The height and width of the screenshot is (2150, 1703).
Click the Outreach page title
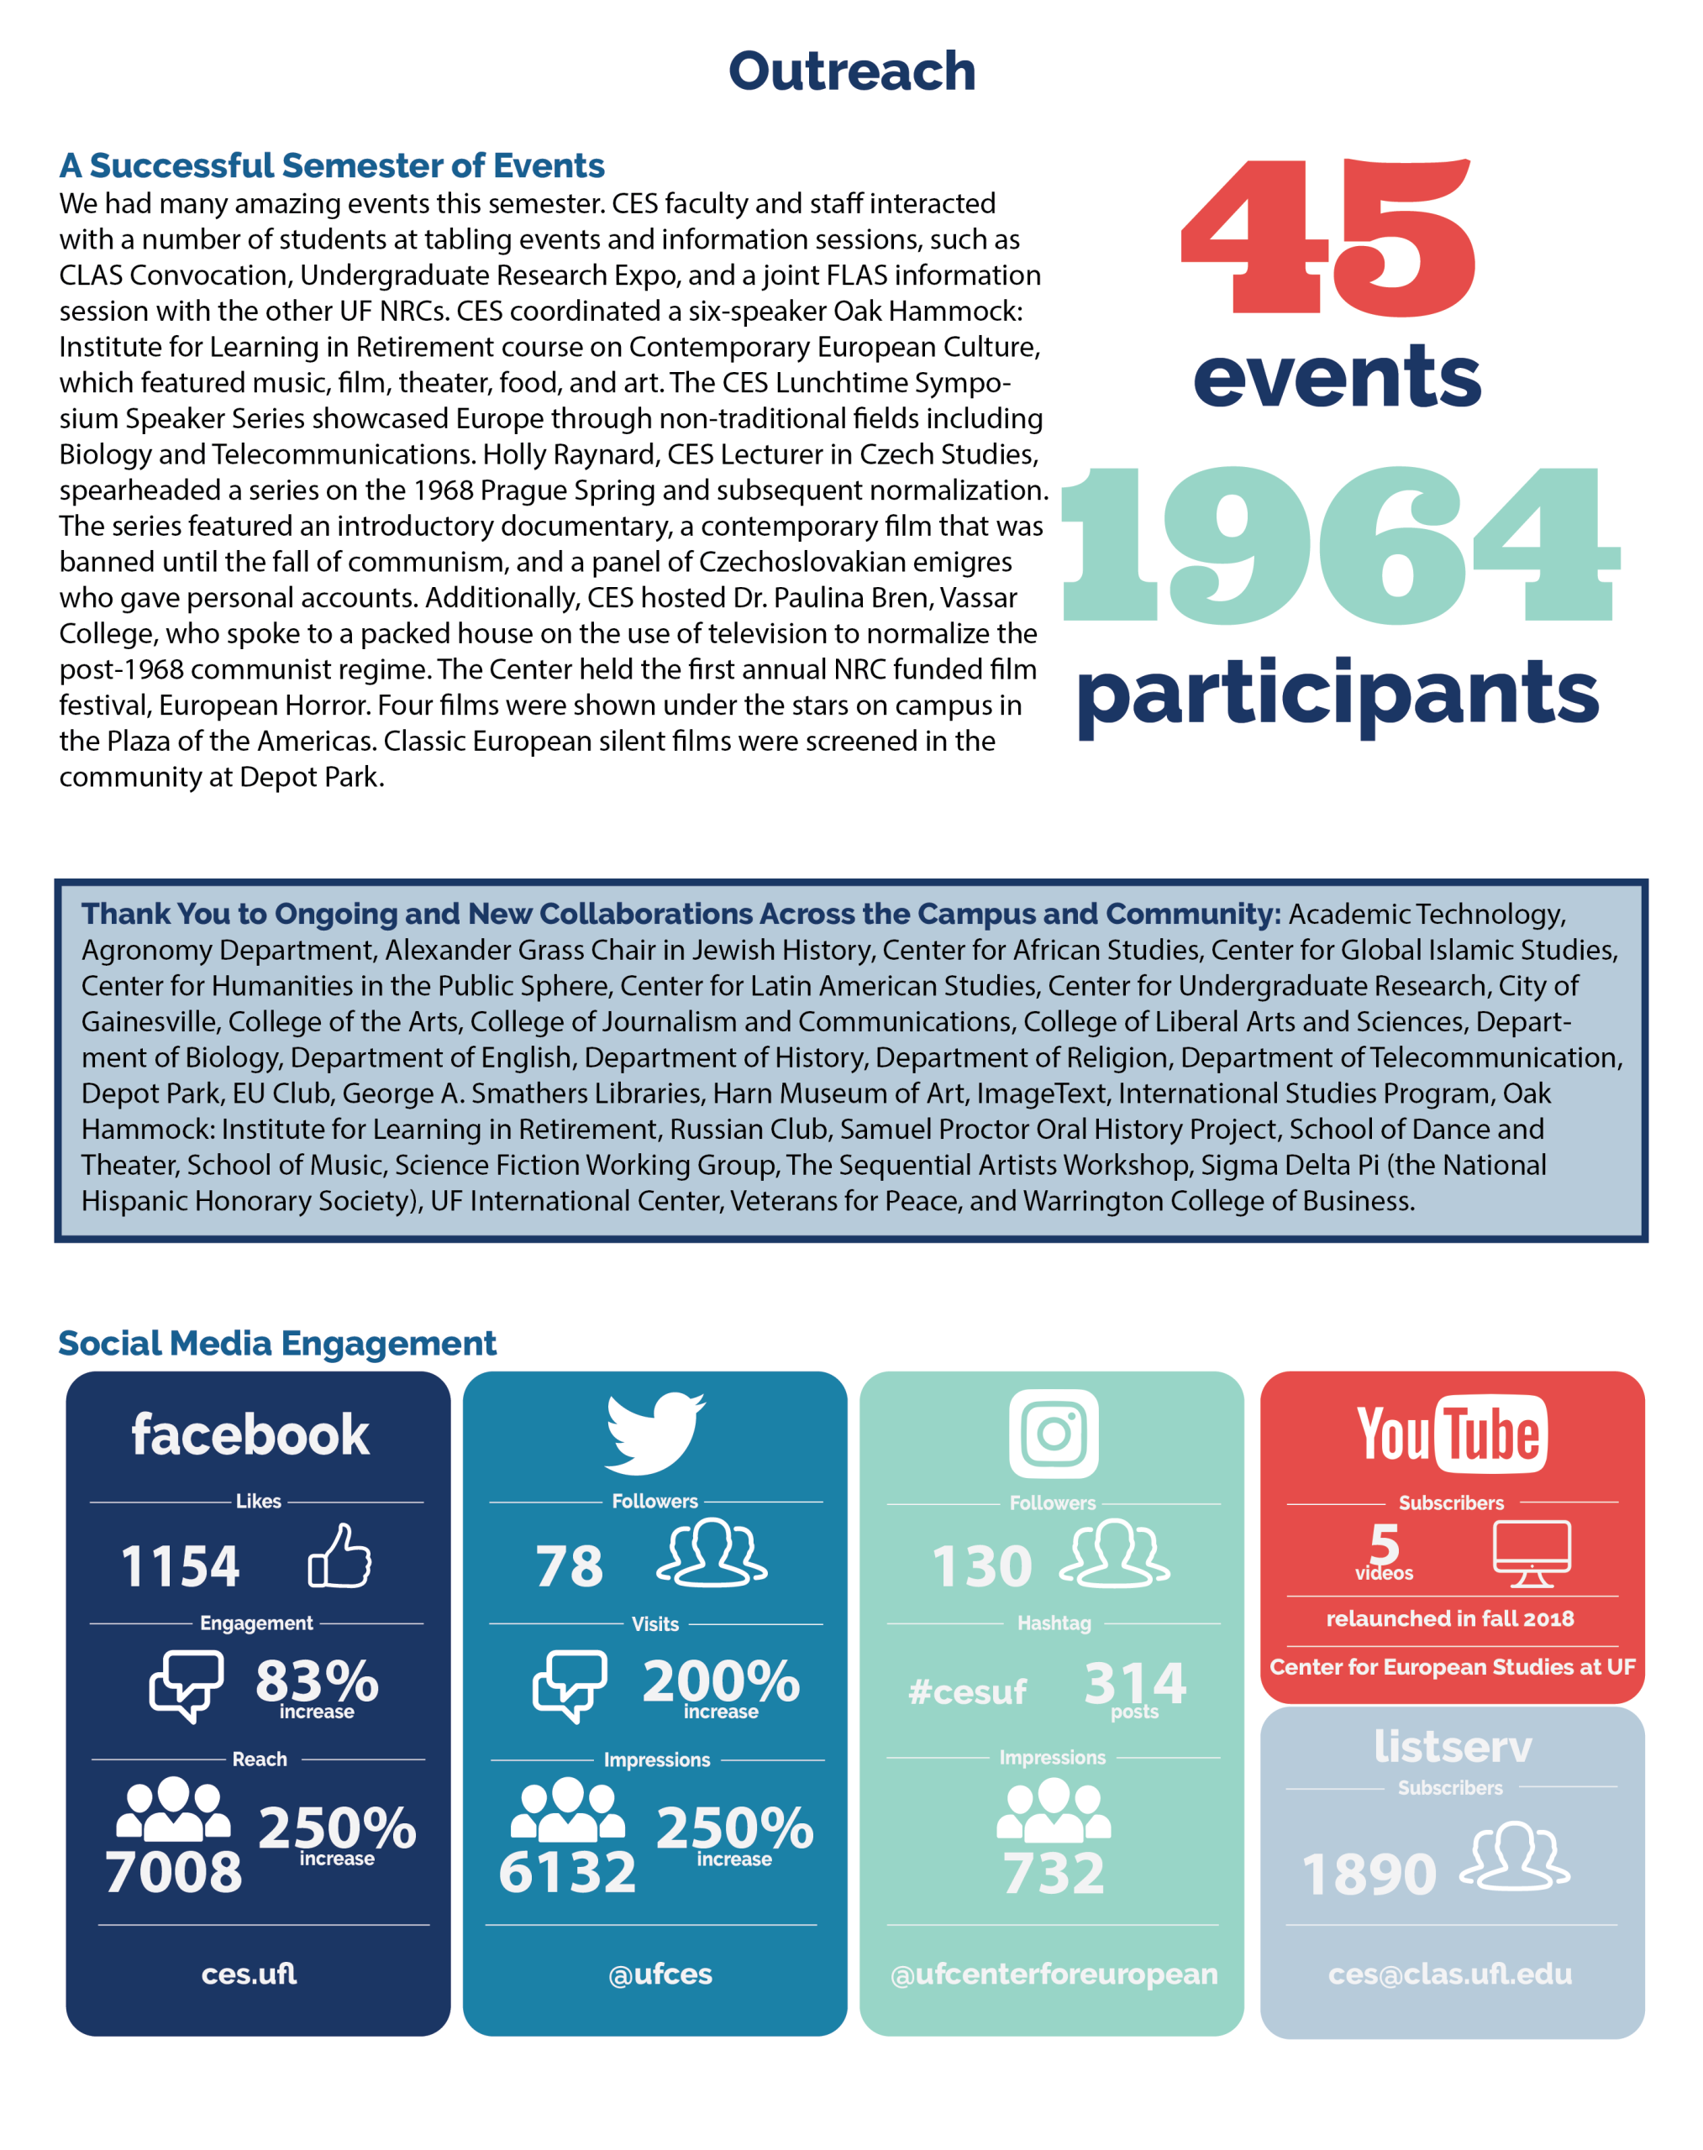852,71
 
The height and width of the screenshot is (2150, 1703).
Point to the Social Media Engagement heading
276,1343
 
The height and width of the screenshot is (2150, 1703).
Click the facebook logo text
250,1434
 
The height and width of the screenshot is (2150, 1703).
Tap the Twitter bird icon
654,1432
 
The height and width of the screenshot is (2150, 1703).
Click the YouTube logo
1451,1434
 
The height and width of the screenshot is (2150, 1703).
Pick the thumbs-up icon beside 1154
339,1556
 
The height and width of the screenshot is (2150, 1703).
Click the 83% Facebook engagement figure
316,1681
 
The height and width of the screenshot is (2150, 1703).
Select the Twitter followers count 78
570,1566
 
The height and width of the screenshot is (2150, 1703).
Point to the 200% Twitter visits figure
720,1681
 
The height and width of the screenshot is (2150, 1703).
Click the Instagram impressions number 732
1053,1873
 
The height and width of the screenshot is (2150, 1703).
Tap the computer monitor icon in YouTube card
1531,1552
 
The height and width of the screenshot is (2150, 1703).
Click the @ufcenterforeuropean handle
1053,1974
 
